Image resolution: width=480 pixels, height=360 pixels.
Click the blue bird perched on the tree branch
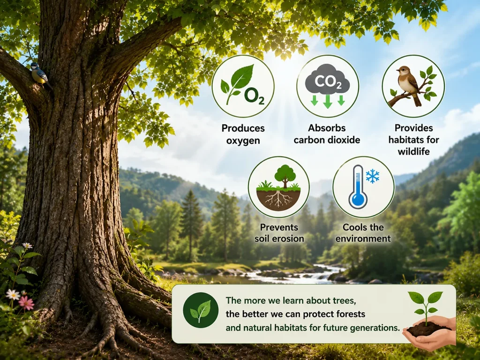point(40,75)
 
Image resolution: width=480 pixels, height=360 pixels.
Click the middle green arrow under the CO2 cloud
point(328,101)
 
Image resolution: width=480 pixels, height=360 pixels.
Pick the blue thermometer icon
point(358,187)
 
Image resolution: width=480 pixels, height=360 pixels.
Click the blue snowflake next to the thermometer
point(373,176)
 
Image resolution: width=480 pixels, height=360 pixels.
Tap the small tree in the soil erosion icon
point(285,176)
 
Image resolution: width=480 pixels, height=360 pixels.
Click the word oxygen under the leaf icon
point(243,141)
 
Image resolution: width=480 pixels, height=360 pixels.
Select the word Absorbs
point(327,127)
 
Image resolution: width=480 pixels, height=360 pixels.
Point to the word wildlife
point(413,151)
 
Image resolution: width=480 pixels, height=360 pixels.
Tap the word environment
point(363,239)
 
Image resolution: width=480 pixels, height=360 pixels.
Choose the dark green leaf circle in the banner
point(201,310)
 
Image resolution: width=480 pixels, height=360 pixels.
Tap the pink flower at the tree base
point(26,303)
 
